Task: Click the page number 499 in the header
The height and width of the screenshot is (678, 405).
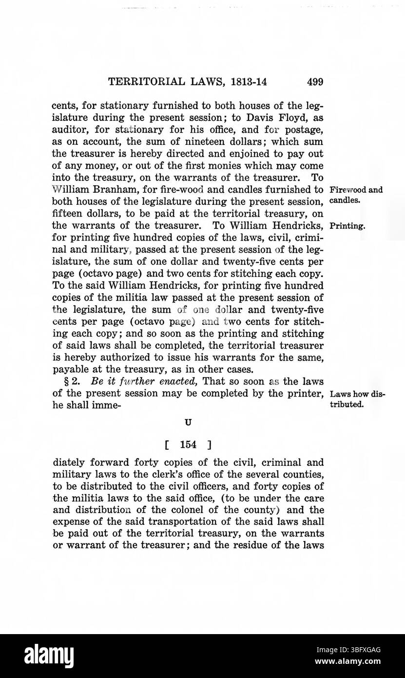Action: (315, 82)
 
